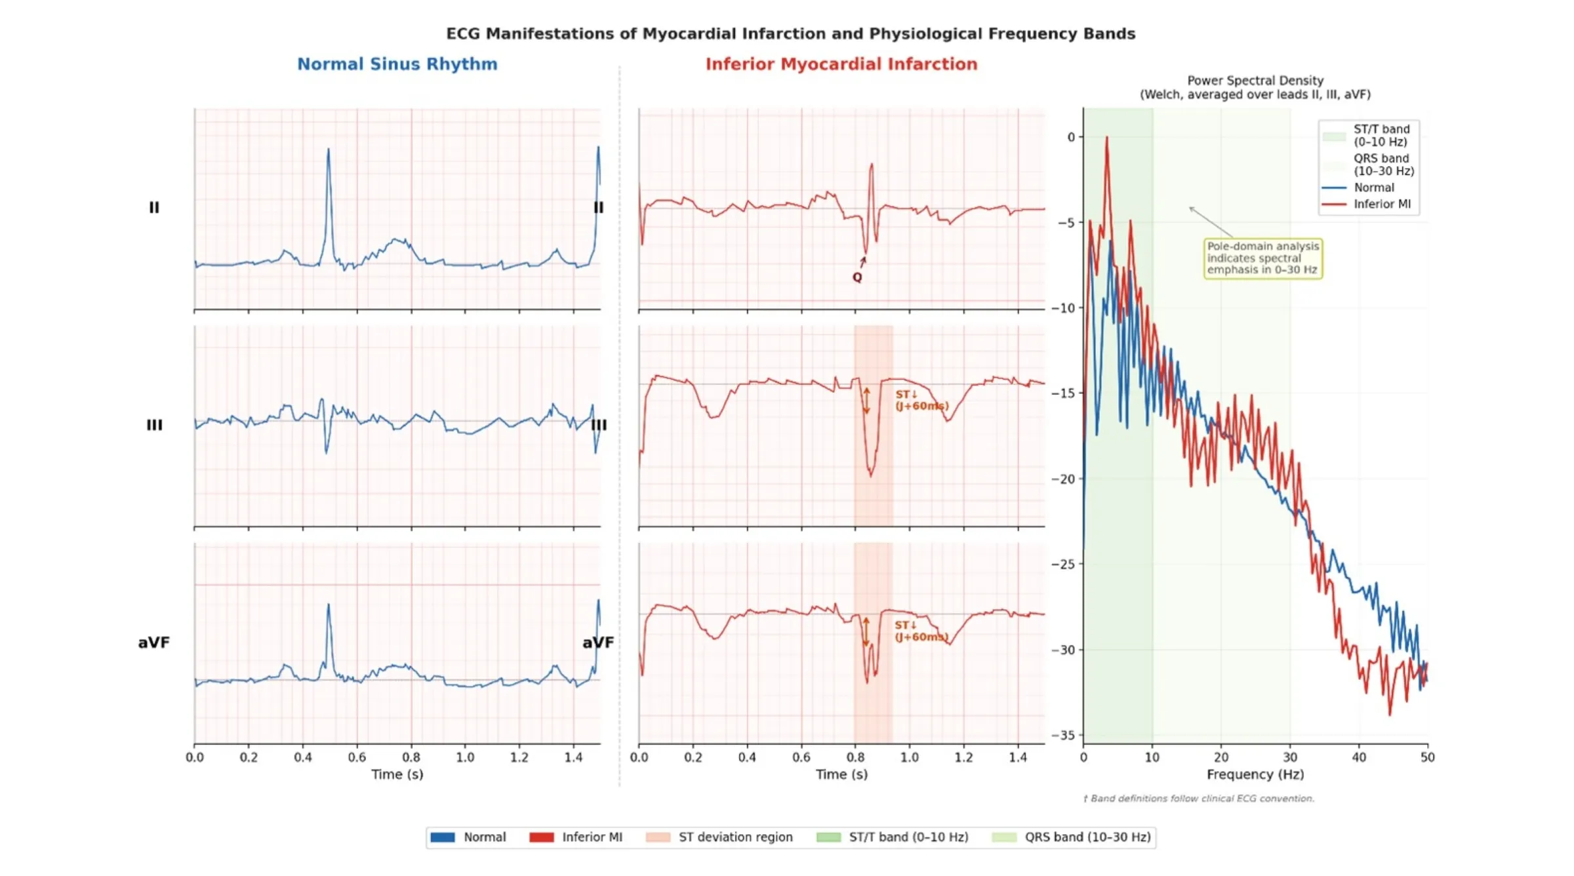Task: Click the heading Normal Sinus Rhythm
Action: pos(397,64)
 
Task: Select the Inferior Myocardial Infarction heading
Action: pos(841,64)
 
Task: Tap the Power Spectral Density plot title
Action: pos(1255,87)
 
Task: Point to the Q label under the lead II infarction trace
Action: pos(857,277)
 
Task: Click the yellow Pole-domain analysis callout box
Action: pos(1262,258)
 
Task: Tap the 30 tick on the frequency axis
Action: pos(1290,757)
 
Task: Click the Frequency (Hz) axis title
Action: pos(1255,774)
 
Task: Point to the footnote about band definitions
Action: pos(1198,799)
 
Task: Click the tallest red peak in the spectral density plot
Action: pos(1107,138)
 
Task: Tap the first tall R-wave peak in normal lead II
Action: pos(329,150)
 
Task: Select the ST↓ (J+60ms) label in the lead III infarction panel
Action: pos(921,400)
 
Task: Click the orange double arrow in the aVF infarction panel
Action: pos(866,631)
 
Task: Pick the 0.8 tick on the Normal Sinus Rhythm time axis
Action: pos(411,757)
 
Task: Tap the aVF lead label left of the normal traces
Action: pos(153,643)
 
